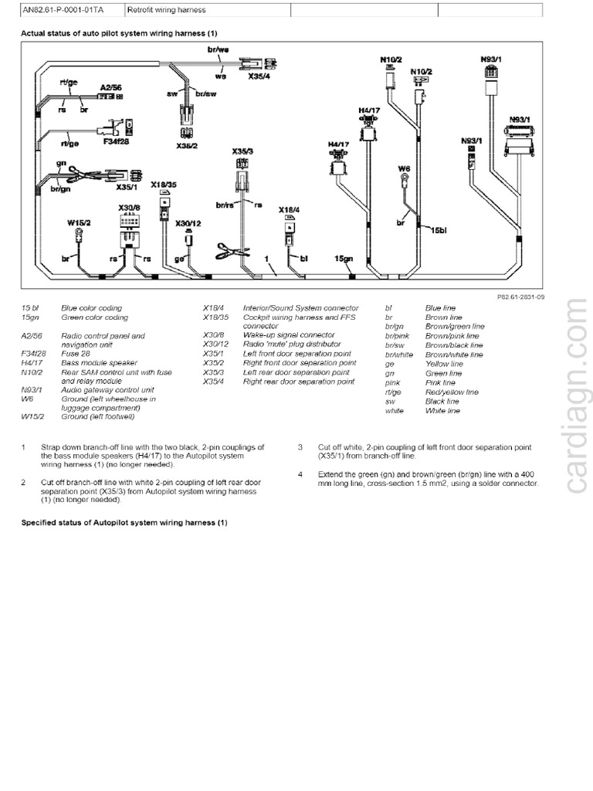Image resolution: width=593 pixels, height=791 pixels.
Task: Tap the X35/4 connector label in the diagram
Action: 259,77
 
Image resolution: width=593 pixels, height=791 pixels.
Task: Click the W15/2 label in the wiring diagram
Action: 78,222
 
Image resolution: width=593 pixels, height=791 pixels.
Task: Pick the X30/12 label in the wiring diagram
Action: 188,223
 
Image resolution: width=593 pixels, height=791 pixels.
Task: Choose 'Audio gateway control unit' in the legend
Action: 96,390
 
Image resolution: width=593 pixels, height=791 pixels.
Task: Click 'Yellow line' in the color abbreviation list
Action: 444,364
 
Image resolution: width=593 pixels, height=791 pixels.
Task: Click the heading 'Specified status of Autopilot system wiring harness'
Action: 124,523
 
